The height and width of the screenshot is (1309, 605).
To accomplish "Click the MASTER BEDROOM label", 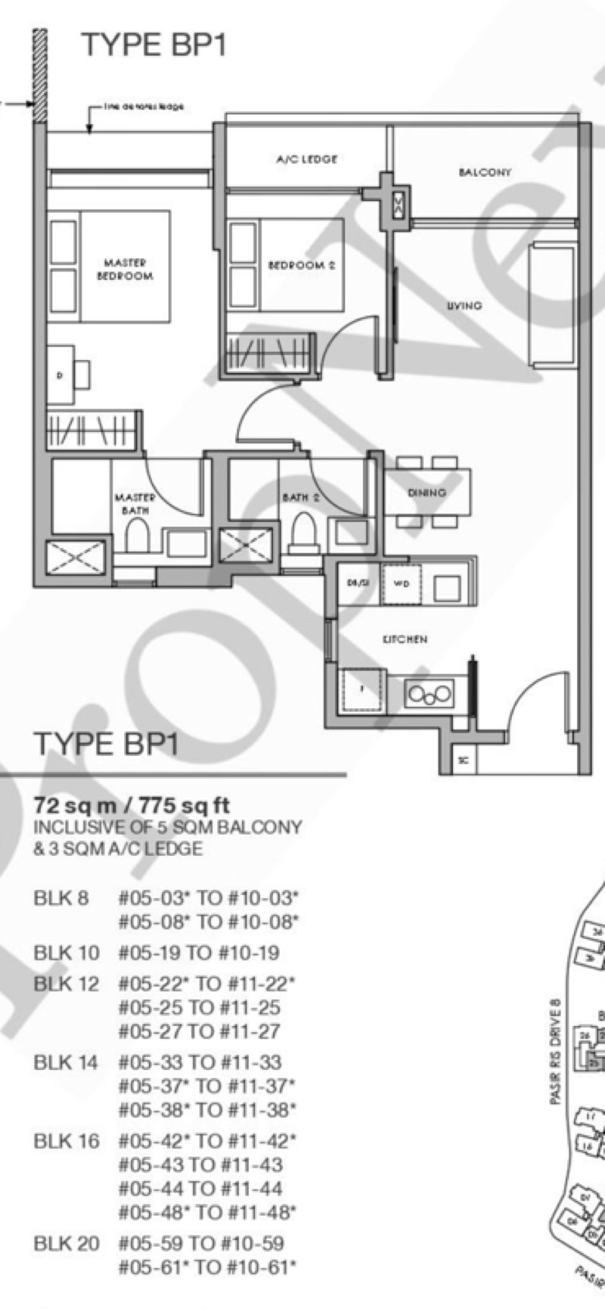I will [x=125, y=269].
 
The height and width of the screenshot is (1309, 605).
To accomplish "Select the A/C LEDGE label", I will [x=306, y=160].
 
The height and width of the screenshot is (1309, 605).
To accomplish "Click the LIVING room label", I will [x=464, y=306].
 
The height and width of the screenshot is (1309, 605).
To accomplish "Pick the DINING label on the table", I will [x=427, y=493].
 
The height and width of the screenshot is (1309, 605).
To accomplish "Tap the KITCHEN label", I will [x=405, y=639].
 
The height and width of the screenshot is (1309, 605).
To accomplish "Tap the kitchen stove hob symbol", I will [x=430, y=692].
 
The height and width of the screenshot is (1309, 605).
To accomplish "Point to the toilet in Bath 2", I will [x=303, y=531].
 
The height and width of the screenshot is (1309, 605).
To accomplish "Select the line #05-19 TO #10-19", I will [x=199, y=953].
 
